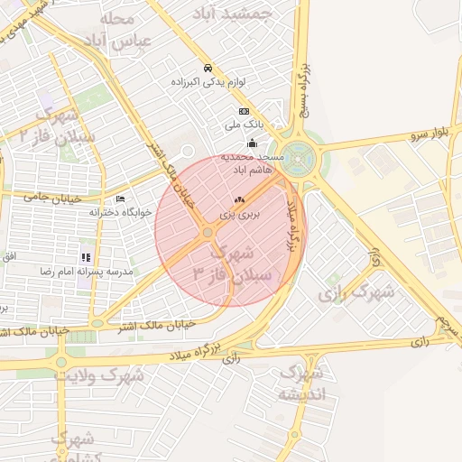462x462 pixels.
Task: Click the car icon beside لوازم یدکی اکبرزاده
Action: pos(208,69)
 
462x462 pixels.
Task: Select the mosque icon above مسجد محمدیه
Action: pos(252,143)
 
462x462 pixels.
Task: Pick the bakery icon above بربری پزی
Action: pos(239,200)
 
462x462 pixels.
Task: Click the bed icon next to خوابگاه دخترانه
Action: pos(121,199)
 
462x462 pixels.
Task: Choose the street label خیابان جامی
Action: pos(54,197)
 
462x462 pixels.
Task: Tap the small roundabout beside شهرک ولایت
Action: pos(61,363)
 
